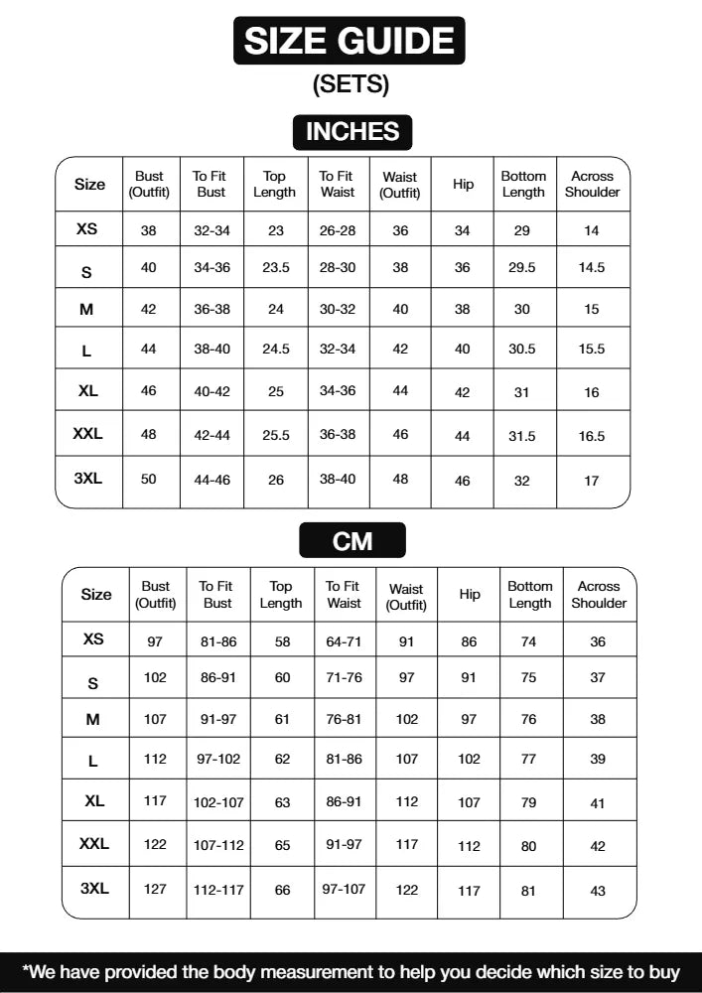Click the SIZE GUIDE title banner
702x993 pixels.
pyautogui.click(x=350, y=41)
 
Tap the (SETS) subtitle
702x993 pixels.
pyautogui.click(x=351, y=84)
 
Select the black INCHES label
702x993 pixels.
pyautogui.click(x=351, y=131)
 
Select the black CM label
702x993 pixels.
pyautogui.click(x=352, y=541)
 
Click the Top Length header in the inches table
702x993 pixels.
pyautogui.click(x=275, y=184)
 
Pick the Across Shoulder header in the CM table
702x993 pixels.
pyautogui.click(x=599, y=595)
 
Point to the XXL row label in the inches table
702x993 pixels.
pyautogui.click(x=87, y=434)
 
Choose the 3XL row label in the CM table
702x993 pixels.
pyautogui.click(x=94, y=889)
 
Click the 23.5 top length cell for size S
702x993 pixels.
pyautogui.click(x=275, y=268)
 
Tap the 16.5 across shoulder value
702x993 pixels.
pyautogui.click(x=592, y=436)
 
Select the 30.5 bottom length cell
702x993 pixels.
pyautogui.click(x=522, y=351)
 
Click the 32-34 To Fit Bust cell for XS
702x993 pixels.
pyautogui.click(x=211, y=230)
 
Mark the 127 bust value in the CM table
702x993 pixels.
pyautogui.click(x=155, y=890)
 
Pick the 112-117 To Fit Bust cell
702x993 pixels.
pyautogui.click(x=218, y=891)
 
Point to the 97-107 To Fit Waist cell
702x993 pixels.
pyautogui.click(x=344, y=890)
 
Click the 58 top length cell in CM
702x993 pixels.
pyautogui.click(x=282, y=642)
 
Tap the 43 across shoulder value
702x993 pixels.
pyautogui.click(x=598, y=892)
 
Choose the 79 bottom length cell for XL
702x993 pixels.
pyautogui.click(x=528, y=803)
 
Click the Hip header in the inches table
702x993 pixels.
pyautogui.click(x=463, y=185)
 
